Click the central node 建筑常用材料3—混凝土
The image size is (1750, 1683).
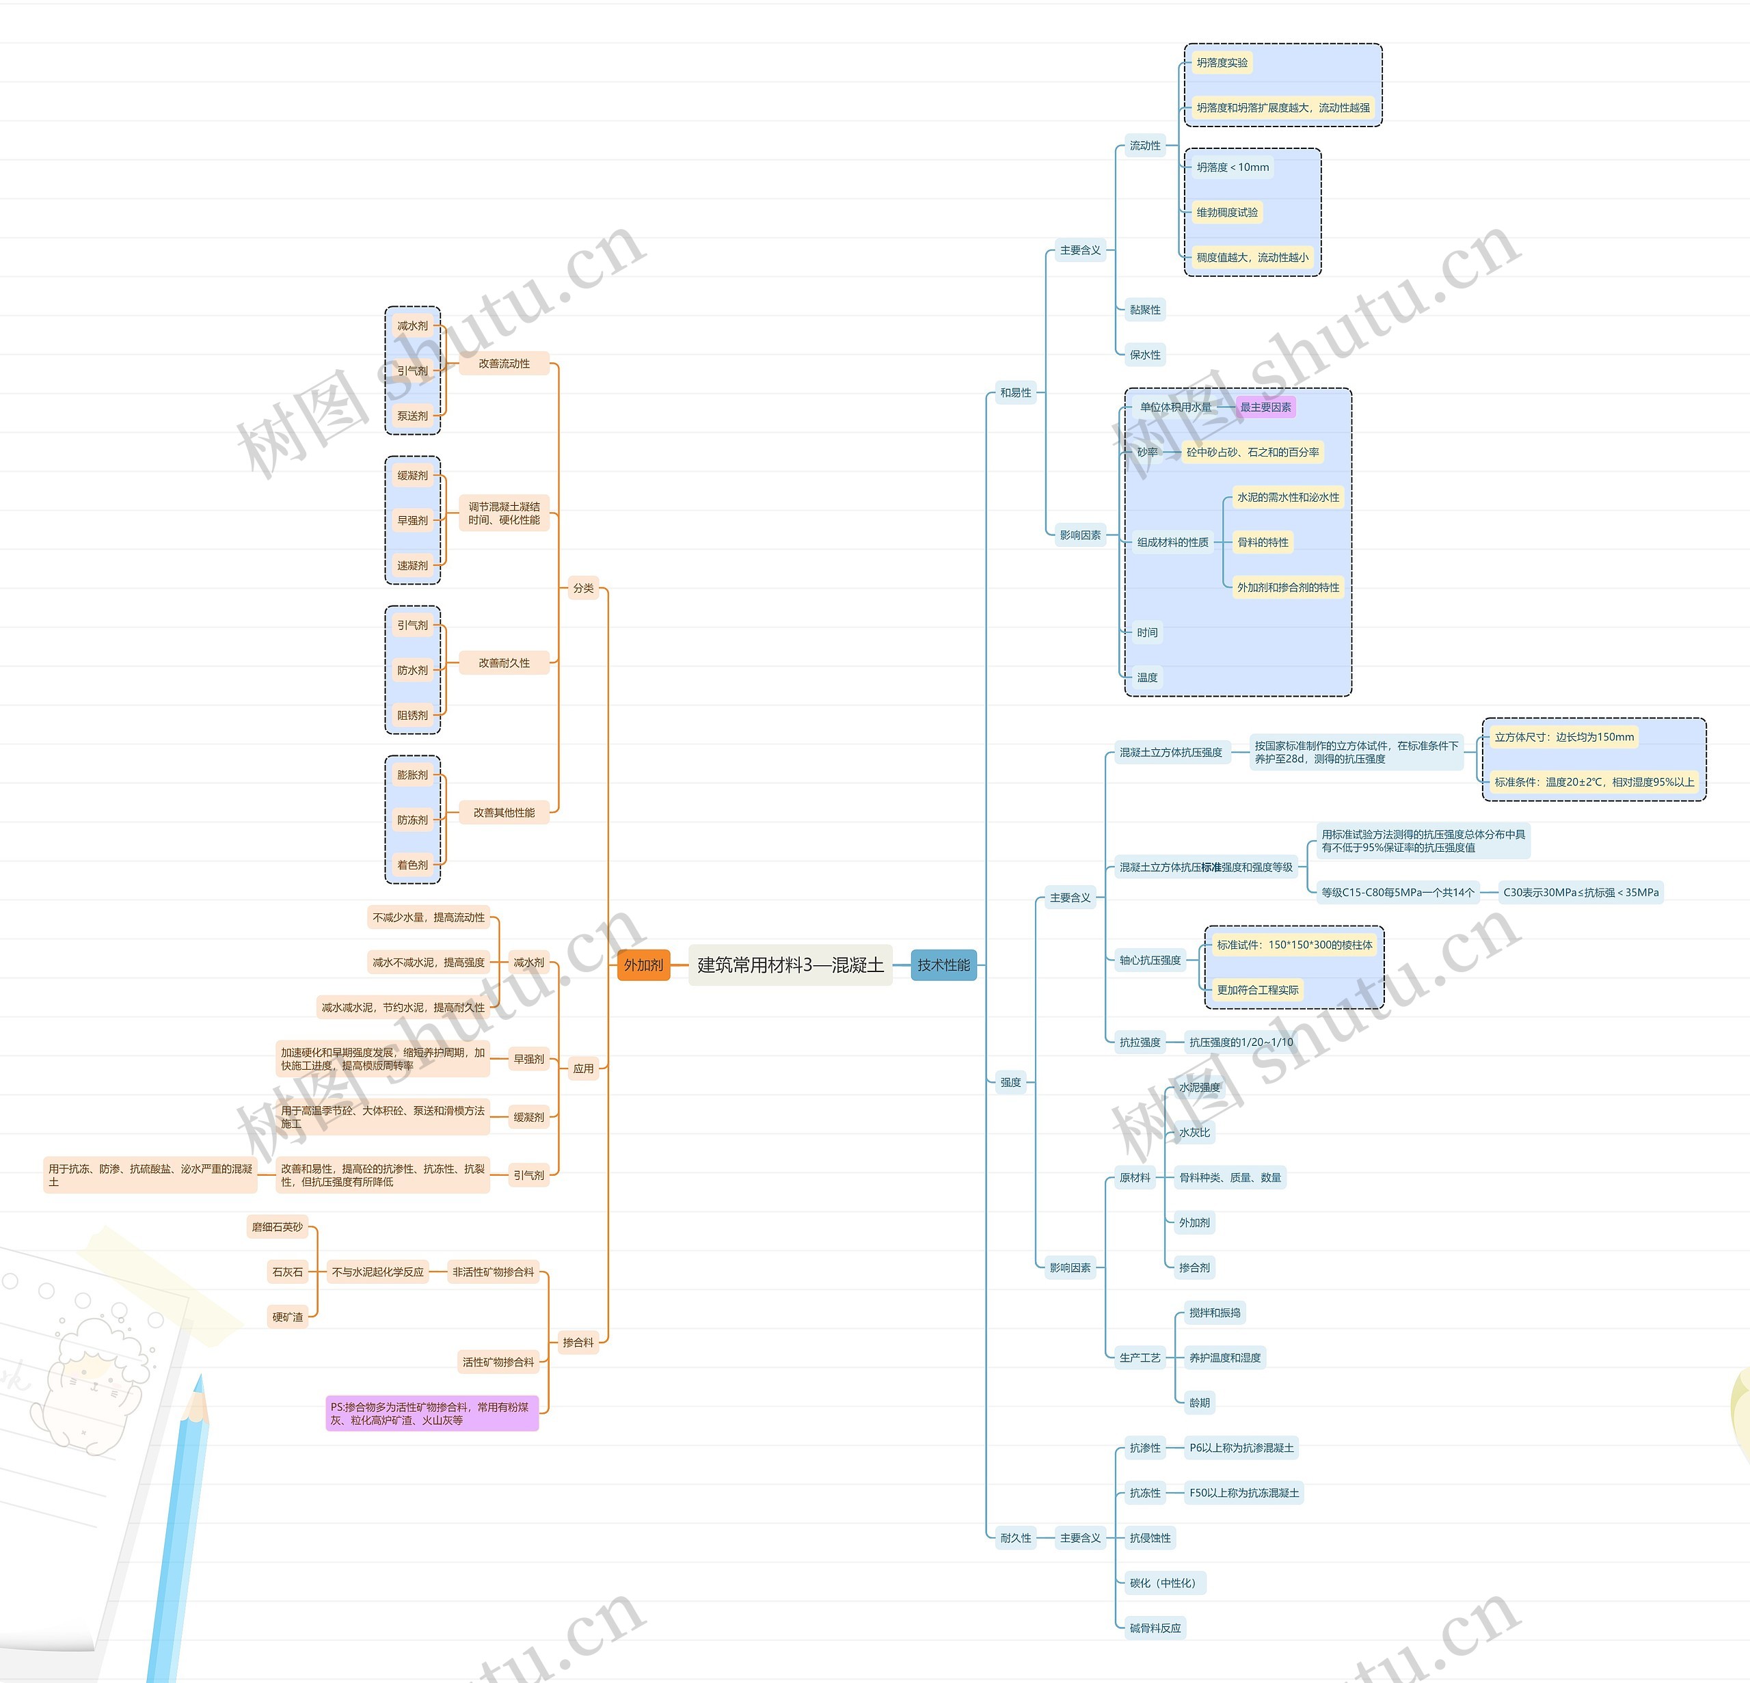[790, 965]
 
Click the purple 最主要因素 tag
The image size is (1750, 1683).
[1265, 407]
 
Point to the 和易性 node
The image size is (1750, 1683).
[1015, 393]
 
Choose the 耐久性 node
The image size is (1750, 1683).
[1015, 1537]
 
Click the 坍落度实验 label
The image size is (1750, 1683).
[1222, 62]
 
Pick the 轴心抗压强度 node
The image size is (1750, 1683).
[1150, 960]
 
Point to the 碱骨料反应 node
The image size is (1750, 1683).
[1155, 1628]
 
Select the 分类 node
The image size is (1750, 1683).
[583, 589]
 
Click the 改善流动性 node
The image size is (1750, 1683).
[504, 364]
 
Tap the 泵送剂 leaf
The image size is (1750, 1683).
[412, 415]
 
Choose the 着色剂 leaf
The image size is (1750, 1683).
[412, 864]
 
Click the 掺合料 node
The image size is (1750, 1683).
[578, 1342]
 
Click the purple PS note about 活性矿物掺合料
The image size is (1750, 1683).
[432, 1414]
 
